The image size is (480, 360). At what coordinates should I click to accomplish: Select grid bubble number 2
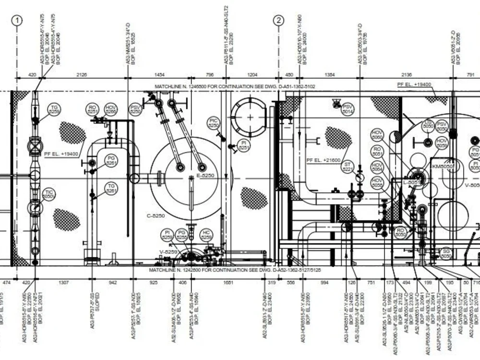click(x=279, y=20)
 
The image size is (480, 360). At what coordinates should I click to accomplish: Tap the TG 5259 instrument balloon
click(x=55, y=109)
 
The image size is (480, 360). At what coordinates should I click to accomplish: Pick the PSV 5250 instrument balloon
click(x=136, y=109)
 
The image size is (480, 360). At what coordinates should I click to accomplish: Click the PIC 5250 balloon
click(x=214, y=122)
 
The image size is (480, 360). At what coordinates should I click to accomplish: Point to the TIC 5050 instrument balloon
click(x=48, y=194)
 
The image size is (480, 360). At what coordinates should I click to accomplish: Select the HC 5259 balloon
click(x=206, y=235)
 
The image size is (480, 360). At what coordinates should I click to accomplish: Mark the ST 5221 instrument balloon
click(x=348, y=167)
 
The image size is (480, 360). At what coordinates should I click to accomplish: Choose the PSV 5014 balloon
click(x=348, y=109)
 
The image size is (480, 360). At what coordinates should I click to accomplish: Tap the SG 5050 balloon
click(x=446, y=253)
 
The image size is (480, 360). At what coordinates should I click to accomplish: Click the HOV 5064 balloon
click(x=378, y=167)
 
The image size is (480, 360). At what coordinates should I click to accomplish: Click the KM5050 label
click(x=443, y=166)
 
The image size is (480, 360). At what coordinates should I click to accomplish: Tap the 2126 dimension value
click(x=82, y=74)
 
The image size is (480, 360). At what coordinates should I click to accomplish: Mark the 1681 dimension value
click(x=228, y=283)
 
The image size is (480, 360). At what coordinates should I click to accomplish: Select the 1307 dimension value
click(x=63, y=283)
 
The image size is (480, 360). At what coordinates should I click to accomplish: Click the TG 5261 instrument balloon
click(x=111, y=189)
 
